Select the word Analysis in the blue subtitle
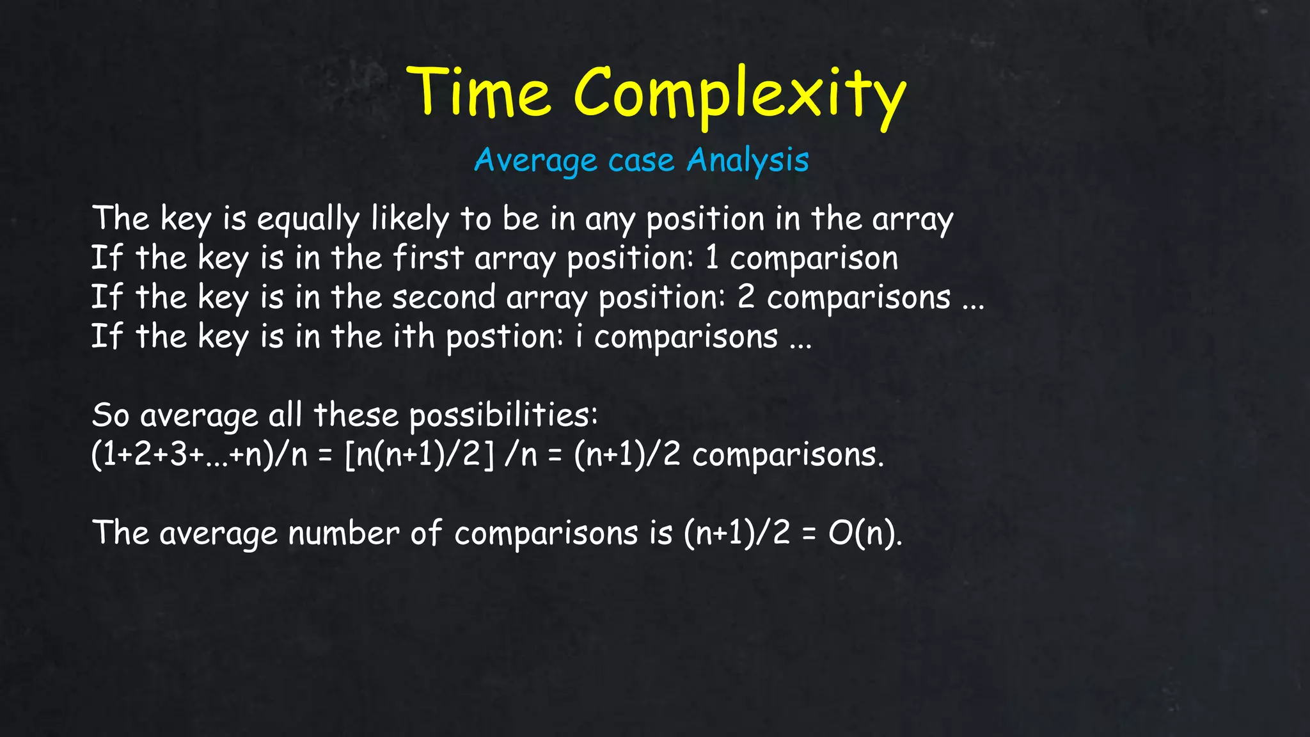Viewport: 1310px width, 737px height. [x=748, y=160]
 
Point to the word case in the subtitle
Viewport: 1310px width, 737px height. [x=641, y=161]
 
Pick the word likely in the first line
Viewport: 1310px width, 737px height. [x=410, y=219]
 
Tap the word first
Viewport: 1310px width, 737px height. [x=428, y=258]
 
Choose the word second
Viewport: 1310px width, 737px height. [x=444, y=297]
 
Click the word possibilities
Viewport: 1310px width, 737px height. [x=503, y=415]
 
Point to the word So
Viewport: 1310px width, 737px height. [x=111, y=415]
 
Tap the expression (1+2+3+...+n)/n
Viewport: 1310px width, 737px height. [x=199, y=455]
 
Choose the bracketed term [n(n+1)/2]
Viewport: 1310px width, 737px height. [x=419, y=455]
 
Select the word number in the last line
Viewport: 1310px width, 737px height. [x=343, y=533]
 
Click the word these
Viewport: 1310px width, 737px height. [x=356, y=415]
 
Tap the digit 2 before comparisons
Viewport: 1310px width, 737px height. [x=746, y=297]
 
